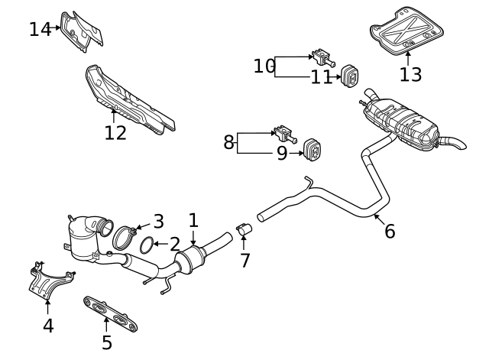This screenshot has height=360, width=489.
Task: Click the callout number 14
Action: point(40,30)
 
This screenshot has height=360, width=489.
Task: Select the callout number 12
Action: point(115,133)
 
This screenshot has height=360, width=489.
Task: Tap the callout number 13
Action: point(410,74)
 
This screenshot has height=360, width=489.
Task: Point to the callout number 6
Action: point(390,231)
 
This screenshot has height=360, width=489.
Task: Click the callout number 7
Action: point(244,260)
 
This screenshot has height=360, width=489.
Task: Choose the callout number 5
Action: point(107,342)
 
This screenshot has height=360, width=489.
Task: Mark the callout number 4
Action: point(48,326)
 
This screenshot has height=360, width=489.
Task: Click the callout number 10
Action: point(264,66)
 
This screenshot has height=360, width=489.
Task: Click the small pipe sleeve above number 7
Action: point(244,229)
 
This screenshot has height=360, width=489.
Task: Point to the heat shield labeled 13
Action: point(408,31)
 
